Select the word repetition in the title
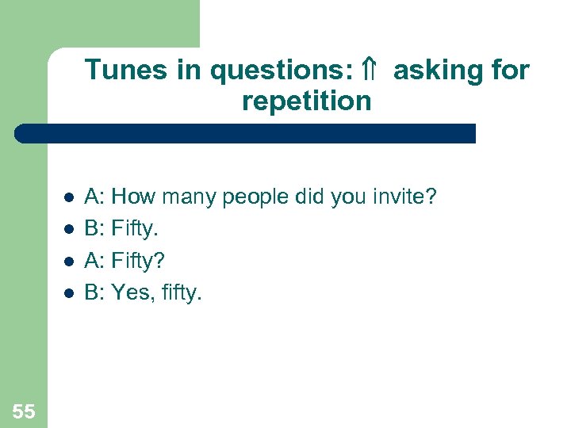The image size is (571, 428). click(x=306, y=101)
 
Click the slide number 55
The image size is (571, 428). click(x=24, y=411)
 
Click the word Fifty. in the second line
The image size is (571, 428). click(x=135, y=229)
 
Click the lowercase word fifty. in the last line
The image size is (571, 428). click(x=179, y=294)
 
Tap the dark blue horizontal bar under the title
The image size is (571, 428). click(x=246, y=133)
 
